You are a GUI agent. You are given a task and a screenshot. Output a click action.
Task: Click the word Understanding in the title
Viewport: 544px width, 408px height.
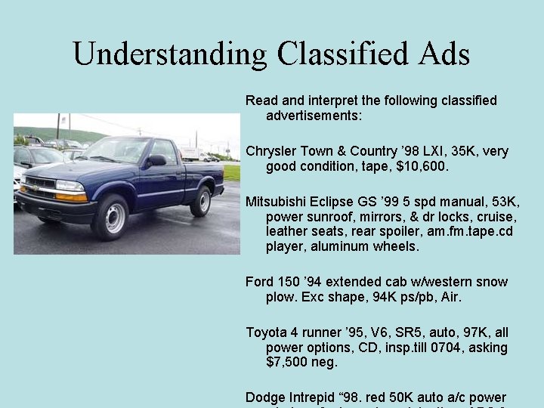pos(169,54)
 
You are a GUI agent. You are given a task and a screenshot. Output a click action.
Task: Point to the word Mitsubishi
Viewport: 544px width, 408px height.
pos(276,202)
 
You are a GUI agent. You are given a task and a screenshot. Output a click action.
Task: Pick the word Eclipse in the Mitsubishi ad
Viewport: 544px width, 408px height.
pos(334,202)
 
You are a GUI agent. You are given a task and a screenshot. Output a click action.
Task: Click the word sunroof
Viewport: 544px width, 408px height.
pos(325,217)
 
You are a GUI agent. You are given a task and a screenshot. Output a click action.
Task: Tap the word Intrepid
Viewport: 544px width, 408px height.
pos(314,397)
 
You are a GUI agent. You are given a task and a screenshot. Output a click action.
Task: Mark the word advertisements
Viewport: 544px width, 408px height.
pos(314,116)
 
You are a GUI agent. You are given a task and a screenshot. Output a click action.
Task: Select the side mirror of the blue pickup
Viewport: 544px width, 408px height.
pos(156,160)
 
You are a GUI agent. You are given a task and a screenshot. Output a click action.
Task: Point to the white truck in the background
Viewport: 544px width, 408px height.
pos(191,154)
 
